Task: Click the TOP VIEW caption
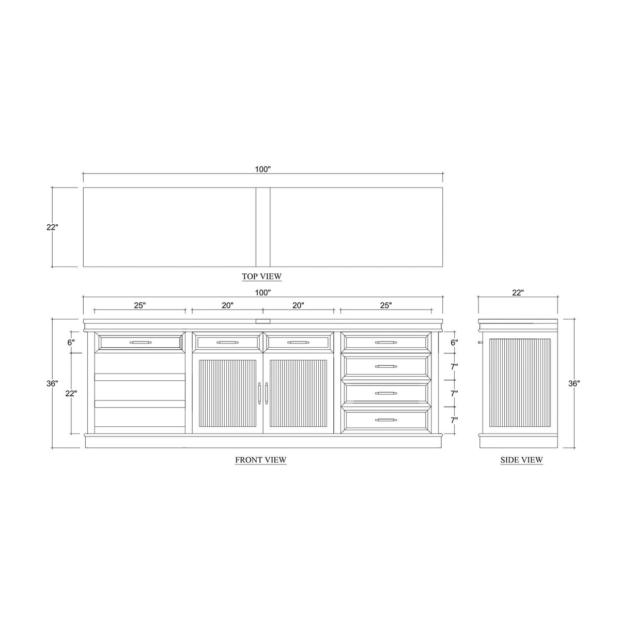[261, 276]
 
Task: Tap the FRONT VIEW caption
[260, 460]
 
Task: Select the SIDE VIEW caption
[521, 460]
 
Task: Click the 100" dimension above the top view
[262, 169]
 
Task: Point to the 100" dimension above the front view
[262, 293]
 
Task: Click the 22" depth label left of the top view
[52, 227]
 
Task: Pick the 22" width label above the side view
[518, 293]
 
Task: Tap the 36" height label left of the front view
[52, 384]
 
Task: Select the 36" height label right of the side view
[574, 384]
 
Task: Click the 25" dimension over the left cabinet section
[139, 305]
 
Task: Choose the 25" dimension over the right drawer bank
[386, 305]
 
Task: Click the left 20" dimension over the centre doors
[228, 305]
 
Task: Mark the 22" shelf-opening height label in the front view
[71, 394]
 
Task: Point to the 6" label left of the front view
[71, 342]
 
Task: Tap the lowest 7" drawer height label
[454, 421]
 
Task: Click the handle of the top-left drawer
[139, 342]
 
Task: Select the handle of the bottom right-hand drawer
[386, 420]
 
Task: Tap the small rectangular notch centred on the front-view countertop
[262, 321]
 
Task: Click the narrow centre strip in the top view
[263, 227]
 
